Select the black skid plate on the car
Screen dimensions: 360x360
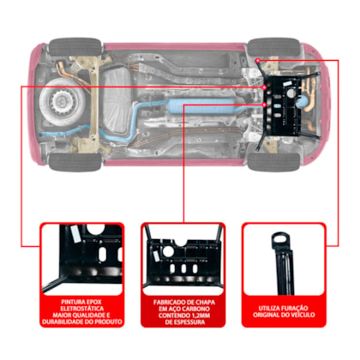coord(285,105)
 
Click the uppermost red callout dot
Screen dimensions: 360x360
coord(258,61)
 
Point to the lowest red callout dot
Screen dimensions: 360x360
coord(265,105)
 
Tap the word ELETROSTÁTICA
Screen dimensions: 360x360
coord(82,309)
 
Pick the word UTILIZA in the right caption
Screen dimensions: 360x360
coord(269,309)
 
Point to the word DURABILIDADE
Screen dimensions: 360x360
coord(63,321)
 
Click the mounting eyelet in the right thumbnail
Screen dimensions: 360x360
coord(280,239)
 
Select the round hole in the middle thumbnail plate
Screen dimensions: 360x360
coord(168,251)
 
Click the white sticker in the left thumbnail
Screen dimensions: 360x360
coord(75,233)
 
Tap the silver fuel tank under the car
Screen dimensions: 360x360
coord(117,101)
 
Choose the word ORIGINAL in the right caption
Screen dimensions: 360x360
coord(265,315)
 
